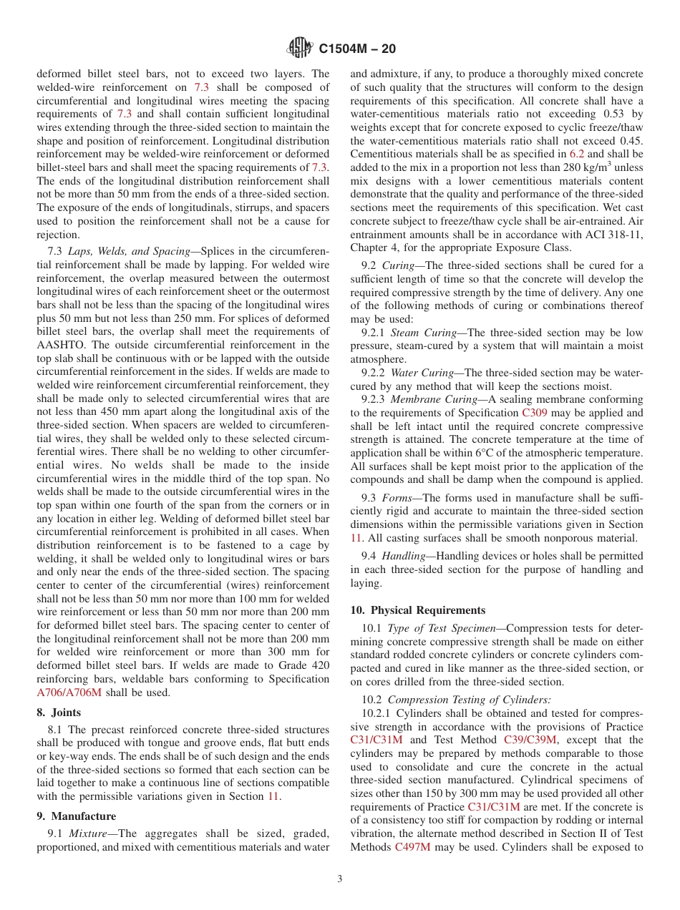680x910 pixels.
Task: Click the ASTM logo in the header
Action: tap(300, 49)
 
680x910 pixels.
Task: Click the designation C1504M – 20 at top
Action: tap(356, 49)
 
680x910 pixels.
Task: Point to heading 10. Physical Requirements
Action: tap(418, 610)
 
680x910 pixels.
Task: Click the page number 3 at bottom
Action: tap(340, 879)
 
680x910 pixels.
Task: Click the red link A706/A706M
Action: tap(69, 693)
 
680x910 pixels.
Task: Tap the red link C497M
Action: tap(412, 847)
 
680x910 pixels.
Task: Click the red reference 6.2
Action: tap(577, 153)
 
